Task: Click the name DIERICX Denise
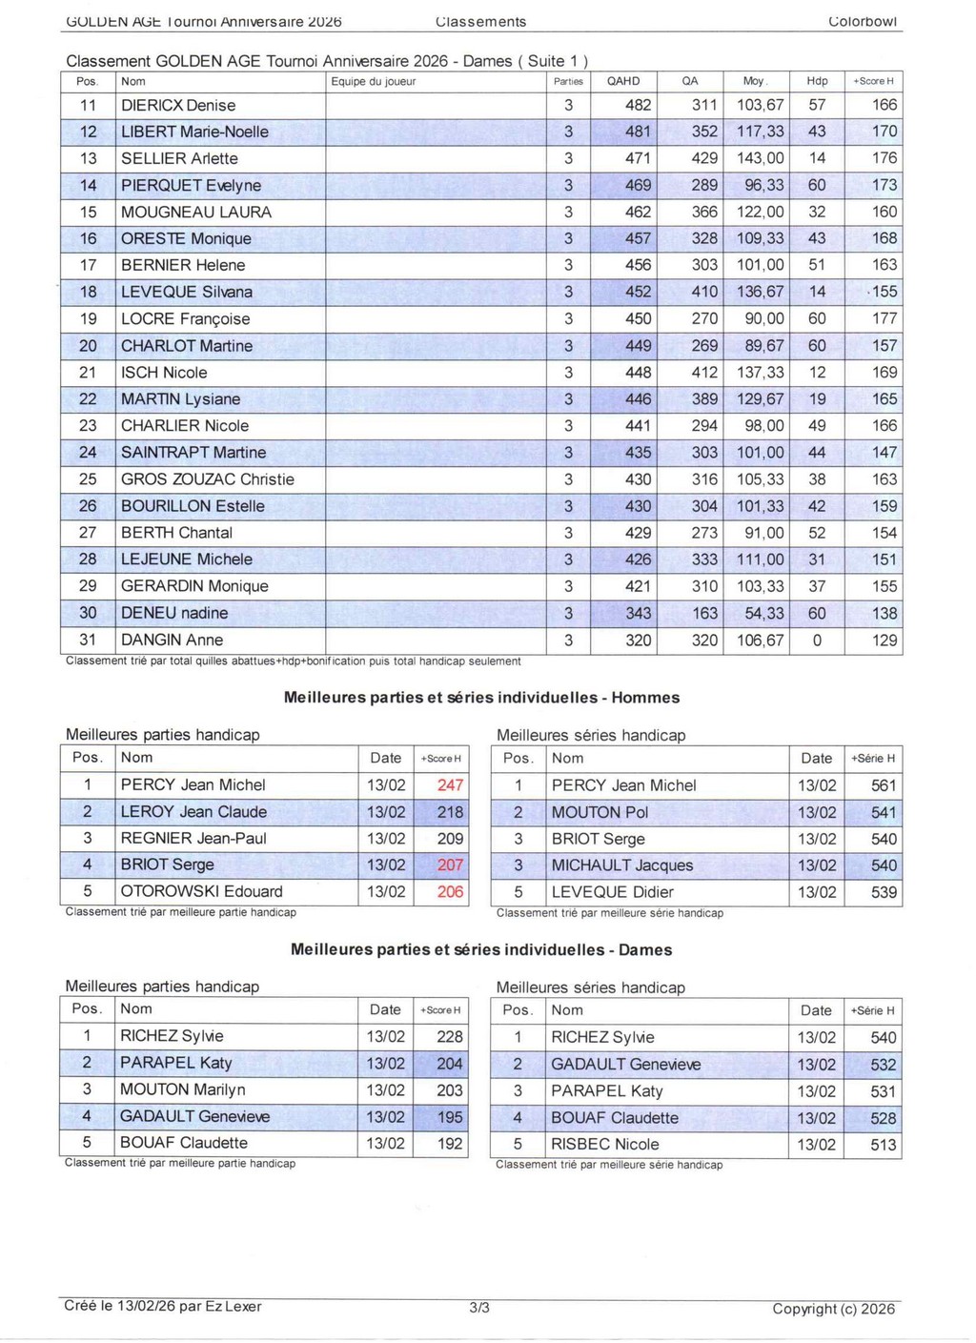(178, 105)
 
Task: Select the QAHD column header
(623, 81)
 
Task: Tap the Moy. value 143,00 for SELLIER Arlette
(760, 158)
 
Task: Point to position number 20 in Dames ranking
(88, 346)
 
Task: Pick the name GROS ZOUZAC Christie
(207, 479)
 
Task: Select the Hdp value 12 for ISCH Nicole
(817, 373)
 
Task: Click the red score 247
(450, 785)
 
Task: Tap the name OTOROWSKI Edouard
(201, 892)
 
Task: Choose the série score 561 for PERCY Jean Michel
(884, 786)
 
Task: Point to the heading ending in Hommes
(481, 698)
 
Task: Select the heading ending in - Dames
(481, 950)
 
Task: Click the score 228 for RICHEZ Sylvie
(449, 1037)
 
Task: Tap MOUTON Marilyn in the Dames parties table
(182, 1089)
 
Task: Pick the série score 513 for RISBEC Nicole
(883, 1145)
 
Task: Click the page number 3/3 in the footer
(479, 1308)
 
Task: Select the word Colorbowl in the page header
(863, 21)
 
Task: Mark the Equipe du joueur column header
(374, 82)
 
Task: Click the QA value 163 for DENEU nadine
(704, 614)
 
